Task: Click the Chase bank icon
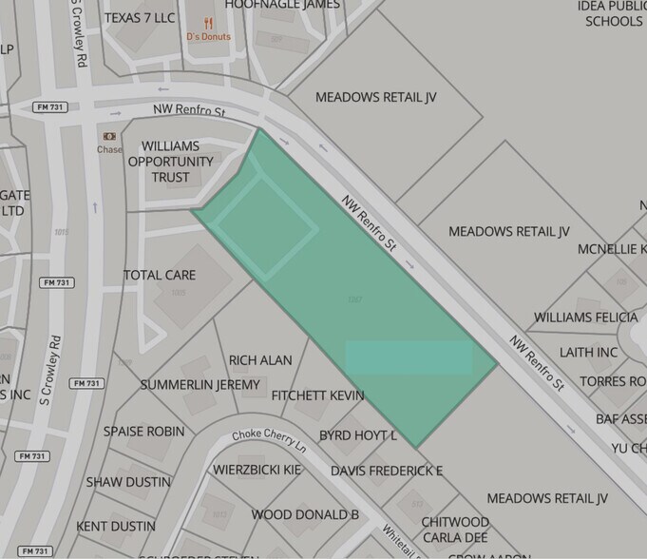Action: (x=109, y=136)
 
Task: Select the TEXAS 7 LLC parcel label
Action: (x=140, y=18)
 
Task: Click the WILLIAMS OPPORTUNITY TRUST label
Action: (x=171, y=162)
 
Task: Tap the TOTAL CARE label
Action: (x=160, y=275)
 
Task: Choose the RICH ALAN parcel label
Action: (x=260, y=360)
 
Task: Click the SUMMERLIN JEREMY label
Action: (x=200, y=384)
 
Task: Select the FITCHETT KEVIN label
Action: (x=317, y=395)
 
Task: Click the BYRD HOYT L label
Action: (x=357, y=434)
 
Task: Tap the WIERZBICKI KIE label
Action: (x=257, y=470)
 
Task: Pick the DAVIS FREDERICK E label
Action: (x=387, y=471)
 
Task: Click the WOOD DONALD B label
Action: (x=305, y=514)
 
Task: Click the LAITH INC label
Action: (x=589, y=352)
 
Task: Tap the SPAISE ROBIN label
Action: (x=143, y=431)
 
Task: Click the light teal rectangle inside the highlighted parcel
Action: (x=409, y=357)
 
